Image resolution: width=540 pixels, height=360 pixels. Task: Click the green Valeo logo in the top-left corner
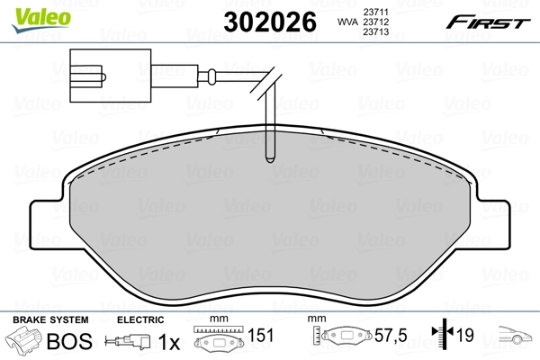coord(31,13)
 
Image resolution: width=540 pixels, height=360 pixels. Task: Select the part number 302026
coord(269,22)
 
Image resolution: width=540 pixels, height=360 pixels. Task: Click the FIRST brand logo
coord(494,22)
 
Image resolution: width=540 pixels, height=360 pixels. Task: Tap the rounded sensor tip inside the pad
coord(268,157)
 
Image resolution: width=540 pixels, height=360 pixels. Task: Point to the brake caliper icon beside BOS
coord(24,341)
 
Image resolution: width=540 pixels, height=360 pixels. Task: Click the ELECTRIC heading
coord(140,320)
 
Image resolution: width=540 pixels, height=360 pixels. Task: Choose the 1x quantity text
coord(166,341)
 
